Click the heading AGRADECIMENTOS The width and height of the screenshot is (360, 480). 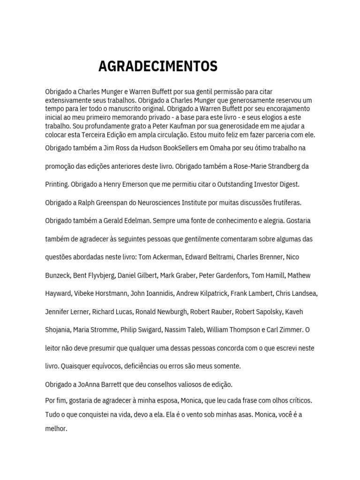point(158,67)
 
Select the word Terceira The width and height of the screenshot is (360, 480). point(97,135)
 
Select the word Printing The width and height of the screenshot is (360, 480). point(57,185)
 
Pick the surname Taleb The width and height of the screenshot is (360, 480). point(193,330)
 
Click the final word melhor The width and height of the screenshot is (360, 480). point(56,428)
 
